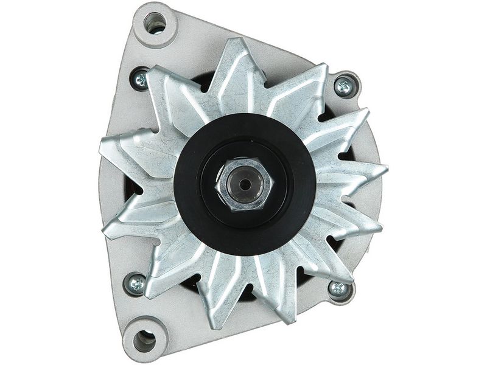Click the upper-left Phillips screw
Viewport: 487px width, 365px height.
tap(140, 78)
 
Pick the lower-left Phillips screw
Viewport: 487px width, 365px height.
tap(135, 283)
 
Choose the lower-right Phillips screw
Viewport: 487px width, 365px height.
tap(338, 288)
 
